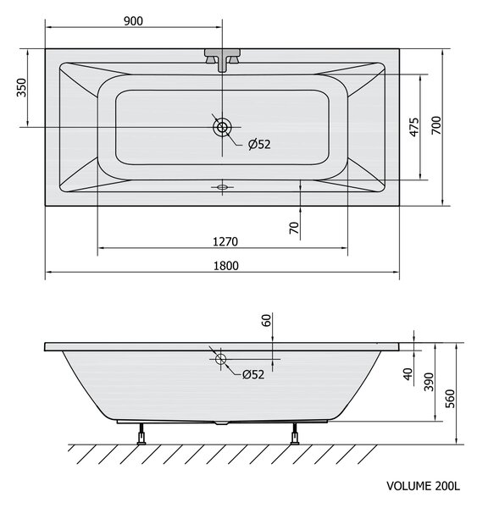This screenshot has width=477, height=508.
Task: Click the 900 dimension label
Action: [133, 21]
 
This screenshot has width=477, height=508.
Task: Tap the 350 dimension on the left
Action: [22, 87]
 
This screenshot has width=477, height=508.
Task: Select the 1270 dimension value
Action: [225, 241]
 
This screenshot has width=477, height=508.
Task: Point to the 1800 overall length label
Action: [226, 266]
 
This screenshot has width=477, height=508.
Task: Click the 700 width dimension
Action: [436, 125]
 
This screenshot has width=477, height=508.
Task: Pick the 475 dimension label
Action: [414, 127]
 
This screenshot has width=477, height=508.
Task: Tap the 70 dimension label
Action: [294, 228]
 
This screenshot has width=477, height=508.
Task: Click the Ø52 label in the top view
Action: [259, 144]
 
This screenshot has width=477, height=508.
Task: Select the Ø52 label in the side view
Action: [253, 374]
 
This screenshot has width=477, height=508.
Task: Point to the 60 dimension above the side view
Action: [266, 321]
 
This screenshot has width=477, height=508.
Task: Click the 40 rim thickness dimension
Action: [408, 374]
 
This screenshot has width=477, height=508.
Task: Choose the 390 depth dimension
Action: [429, 382]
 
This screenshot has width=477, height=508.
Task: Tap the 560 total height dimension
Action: [450, 399]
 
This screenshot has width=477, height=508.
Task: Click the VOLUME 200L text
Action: [423, 486]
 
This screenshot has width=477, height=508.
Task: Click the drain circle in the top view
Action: [222, 127]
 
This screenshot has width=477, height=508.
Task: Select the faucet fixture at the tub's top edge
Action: [222, 60]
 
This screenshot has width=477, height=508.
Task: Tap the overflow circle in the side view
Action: [221, 359]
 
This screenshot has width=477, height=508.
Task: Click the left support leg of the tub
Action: [141, 433]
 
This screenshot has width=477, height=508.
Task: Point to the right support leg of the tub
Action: [295, 433]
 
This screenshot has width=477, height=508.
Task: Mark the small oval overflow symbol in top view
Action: [222, 187]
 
